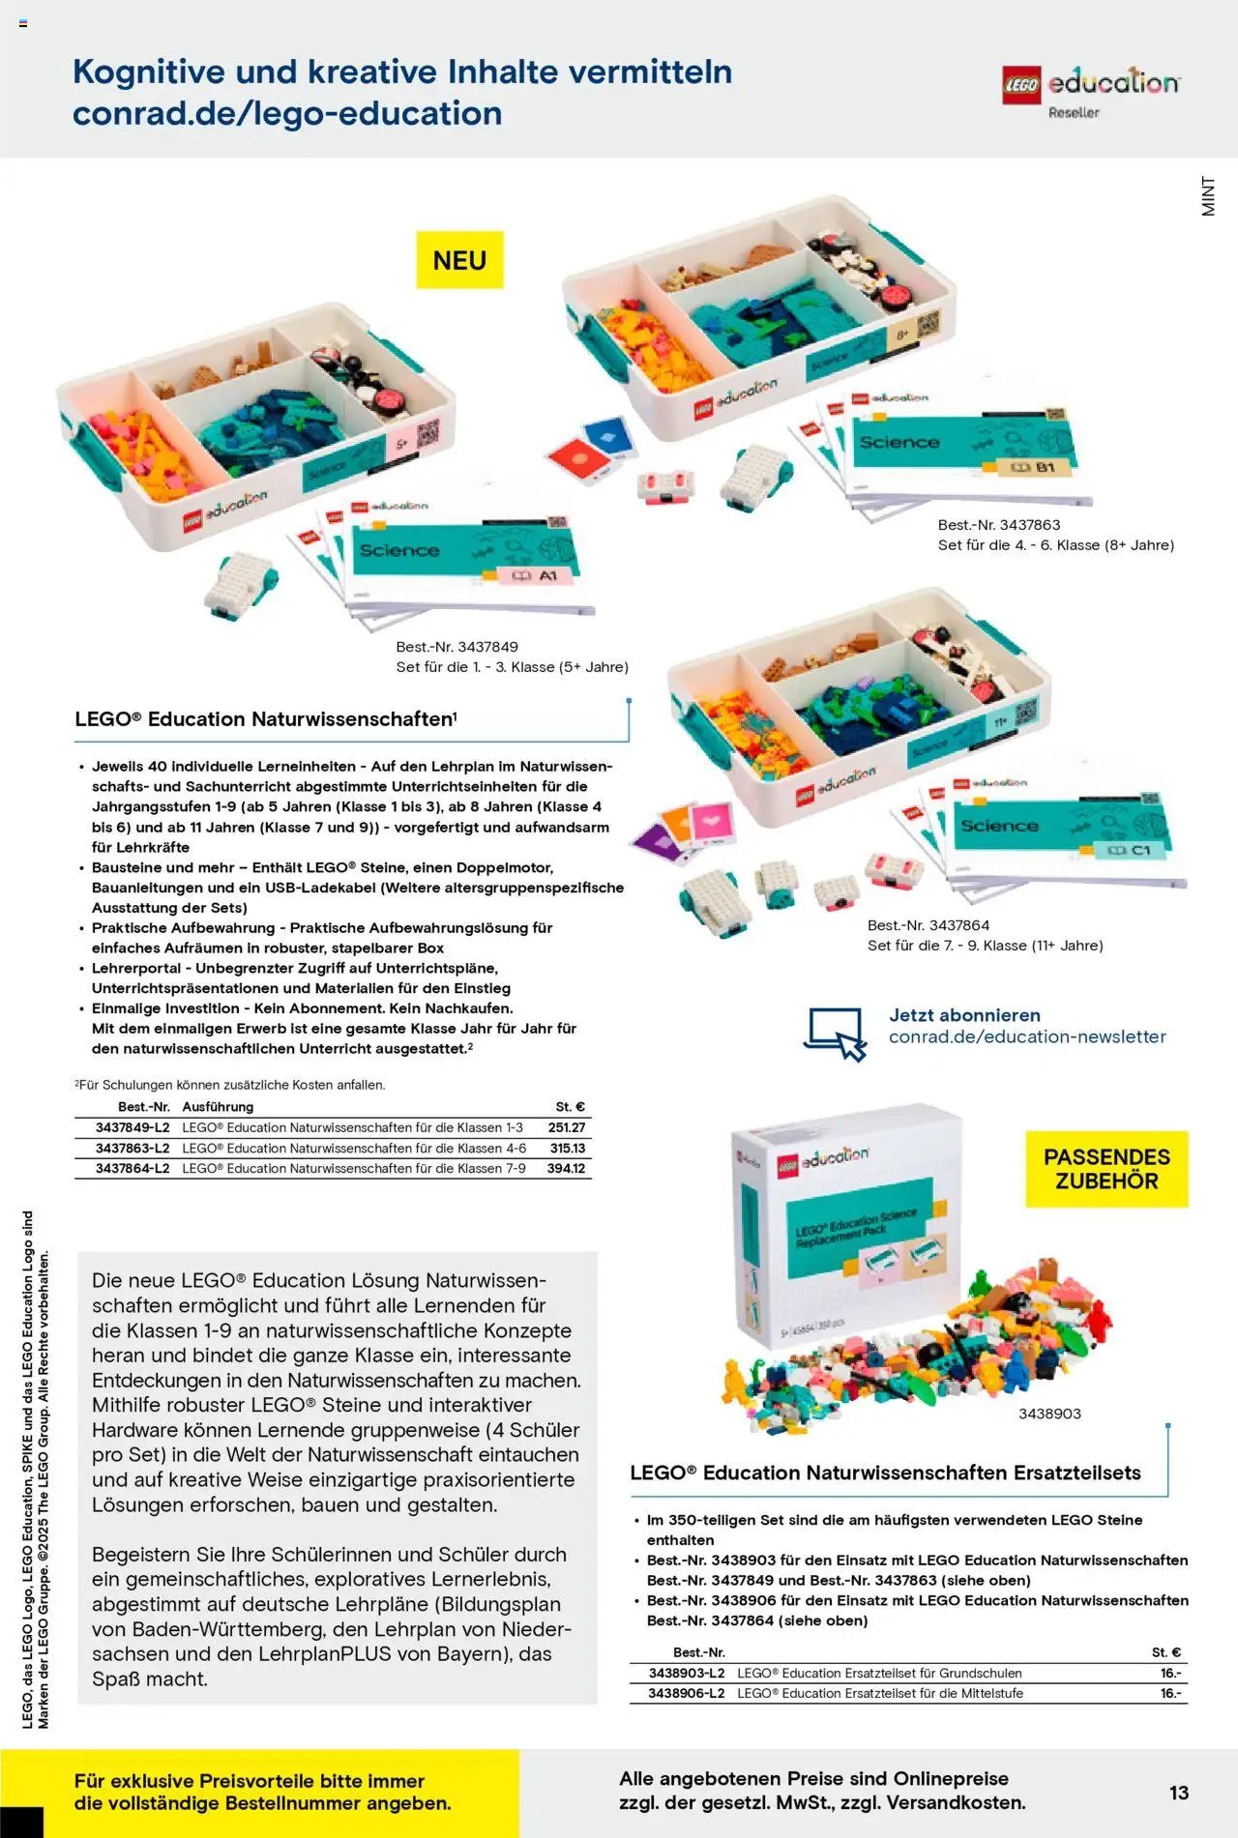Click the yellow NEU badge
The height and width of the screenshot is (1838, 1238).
(x=459, y=259)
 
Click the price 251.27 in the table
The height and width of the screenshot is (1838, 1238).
(x=566, y=1127)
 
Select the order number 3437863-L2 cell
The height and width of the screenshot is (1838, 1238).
(x=133, y=1148)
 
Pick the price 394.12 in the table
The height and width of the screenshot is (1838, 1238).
(x=566, y=1168)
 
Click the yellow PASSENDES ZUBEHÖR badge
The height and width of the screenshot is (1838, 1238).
(x=1106, y=1168)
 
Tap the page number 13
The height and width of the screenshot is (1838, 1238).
(x=1178, y=1792)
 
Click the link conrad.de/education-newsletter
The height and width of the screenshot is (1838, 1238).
(x=1027, y=1036)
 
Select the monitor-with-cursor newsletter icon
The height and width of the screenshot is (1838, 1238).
(x=836, y=1033)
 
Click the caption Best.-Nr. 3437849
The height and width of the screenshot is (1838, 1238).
(x=457, y=646)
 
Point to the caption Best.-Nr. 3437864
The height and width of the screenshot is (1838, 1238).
(x=928, y=924)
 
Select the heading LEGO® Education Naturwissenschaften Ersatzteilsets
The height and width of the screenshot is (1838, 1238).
(x=885, y=1473)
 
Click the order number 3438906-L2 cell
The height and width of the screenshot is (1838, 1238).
(x=686, y=1693)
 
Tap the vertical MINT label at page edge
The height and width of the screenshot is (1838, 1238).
(x=1208, y=195)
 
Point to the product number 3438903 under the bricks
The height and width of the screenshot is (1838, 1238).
(x=1049, y=1413)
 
